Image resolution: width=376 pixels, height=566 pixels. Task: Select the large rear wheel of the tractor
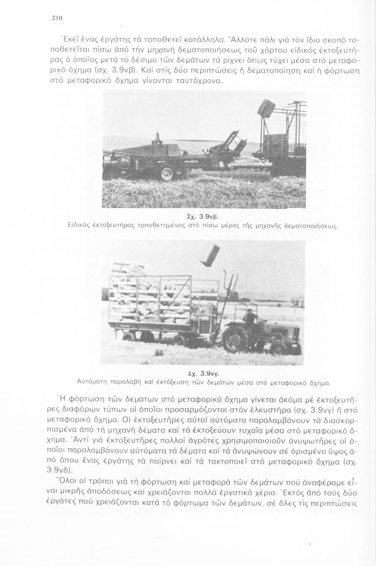[237, 338]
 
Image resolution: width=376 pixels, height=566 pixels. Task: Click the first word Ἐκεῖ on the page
[64, 39]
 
